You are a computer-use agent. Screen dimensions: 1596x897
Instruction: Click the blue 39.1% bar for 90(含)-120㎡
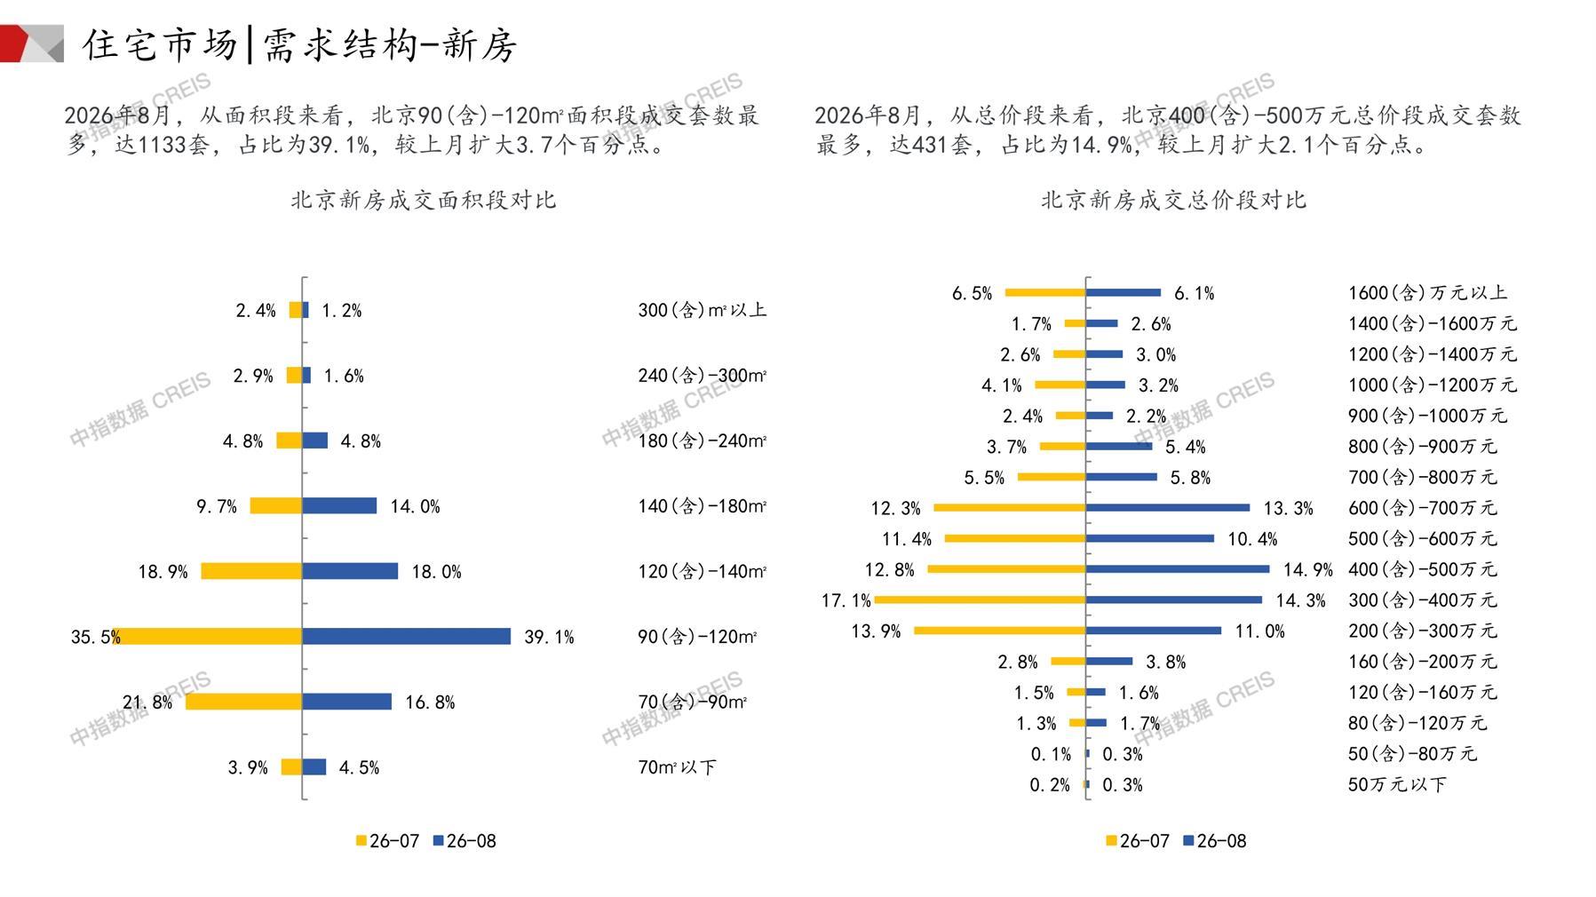(x=407, y=636)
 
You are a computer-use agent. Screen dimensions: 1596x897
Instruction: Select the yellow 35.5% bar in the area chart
(x=208, y=636)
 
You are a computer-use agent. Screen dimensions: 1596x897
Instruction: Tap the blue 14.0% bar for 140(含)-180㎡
(x=339, y=505)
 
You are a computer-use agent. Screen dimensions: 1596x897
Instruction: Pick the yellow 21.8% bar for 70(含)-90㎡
(x=244, y=702)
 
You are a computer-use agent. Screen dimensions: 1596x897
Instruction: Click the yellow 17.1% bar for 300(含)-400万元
(x=980, y=599)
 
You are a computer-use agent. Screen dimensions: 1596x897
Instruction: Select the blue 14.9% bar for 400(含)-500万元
(x=1178, y=568)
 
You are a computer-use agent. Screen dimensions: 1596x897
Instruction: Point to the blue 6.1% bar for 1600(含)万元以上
(x=1124, y=292)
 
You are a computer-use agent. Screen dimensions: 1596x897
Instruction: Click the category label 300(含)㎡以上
(x=702, y=310)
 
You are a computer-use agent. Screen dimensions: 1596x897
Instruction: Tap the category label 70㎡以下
(x=677, y=767)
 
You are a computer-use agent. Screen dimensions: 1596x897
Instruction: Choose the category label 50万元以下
(x=1397, y=784)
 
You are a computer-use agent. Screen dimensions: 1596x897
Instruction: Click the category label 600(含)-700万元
(x=1422, y=508)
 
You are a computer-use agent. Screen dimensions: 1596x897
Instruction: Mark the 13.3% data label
(x=1288, y=508)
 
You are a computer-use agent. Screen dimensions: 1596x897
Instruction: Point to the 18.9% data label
(x=163, y=572)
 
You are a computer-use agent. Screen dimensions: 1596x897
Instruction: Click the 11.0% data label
(x=1259, y=631)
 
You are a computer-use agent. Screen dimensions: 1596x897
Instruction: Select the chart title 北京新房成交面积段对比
(x=424, y=200)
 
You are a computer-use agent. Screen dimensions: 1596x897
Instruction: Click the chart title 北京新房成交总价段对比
(x=1173, y=200)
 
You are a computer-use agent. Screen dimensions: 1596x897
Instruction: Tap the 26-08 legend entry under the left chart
(x=465, y=840)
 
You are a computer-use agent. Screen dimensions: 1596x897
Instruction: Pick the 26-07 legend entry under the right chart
(x=1138, y=840)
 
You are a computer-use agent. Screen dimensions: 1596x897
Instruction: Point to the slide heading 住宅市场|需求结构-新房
(x=299, y=44)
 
